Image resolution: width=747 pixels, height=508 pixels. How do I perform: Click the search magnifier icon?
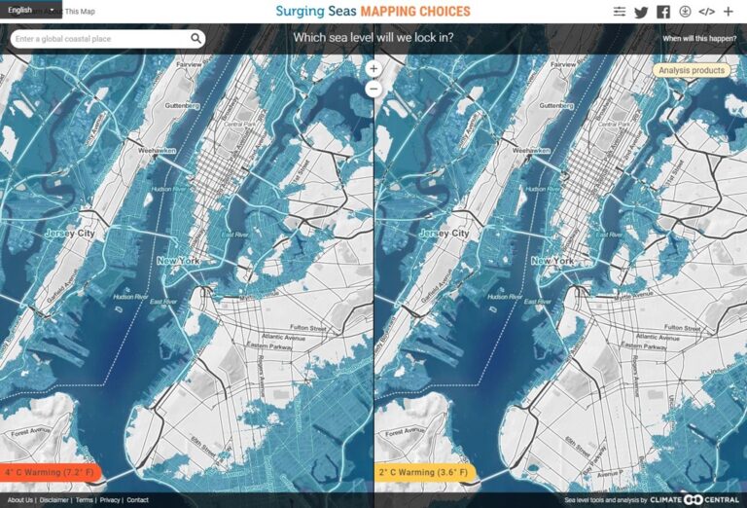[x=196, y=39]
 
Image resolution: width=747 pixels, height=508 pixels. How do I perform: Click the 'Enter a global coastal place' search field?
[x=97, y=39]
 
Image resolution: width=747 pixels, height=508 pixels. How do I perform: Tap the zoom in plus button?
[x=373, y=69]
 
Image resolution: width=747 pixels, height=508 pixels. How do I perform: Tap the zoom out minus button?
[x=373, y=89]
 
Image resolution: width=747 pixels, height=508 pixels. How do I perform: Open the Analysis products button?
[x=691, y=70]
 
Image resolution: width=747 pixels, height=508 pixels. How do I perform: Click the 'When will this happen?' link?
[x=698, y=39]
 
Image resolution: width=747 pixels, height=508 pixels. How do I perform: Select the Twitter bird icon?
[x=641, y=12]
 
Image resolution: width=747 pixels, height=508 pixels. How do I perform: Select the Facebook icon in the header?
[x=663, y=12]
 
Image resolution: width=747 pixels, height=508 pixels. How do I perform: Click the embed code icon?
[x=707, y=12]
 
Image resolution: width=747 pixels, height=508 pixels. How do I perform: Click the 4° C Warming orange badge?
[x=51, y=473]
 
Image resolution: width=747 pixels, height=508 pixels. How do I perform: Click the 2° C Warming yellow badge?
[x=424, y=473]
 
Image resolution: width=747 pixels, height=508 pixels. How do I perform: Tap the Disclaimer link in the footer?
[x=54, y=500]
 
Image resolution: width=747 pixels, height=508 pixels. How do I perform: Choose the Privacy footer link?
[x=110, y=500]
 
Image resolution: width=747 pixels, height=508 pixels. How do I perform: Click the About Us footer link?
[x=19, y=500]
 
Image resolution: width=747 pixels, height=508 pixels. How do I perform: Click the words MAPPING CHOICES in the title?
[x=414, y=12]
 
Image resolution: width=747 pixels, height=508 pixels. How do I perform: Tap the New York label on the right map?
[x=551, y=261]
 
